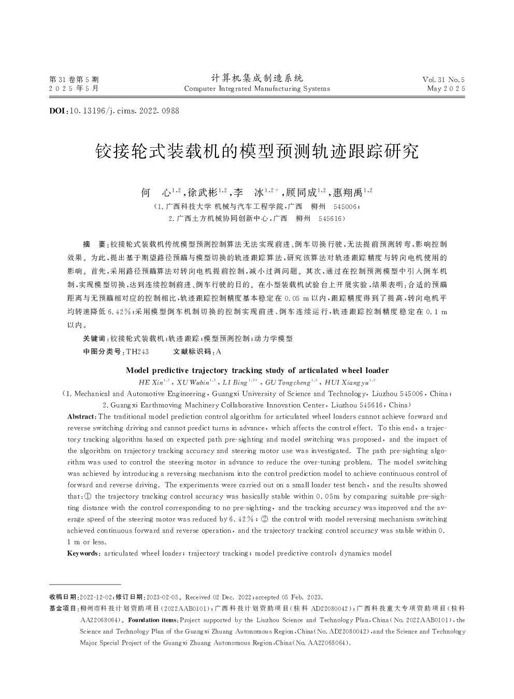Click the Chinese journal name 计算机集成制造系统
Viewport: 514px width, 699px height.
(x=257, y=78)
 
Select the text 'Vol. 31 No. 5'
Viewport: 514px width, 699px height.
(x=444, y=79)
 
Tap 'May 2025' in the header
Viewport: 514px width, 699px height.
(x=446, y=89)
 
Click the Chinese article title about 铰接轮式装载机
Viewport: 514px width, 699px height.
(x=257, y=151)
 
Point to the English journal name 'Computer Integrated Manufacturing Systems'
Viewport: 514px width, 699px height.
(x=257, y=89)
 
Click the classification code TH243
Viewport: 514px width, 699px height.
(x=137, y=352)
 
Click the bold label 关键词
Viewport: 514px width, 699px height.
(x=94, y=339)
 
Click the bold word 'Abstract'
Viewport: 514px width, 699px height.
(x=81, y=417)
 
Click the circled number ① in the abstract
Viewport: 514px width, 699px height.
(x=87, y=496)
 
